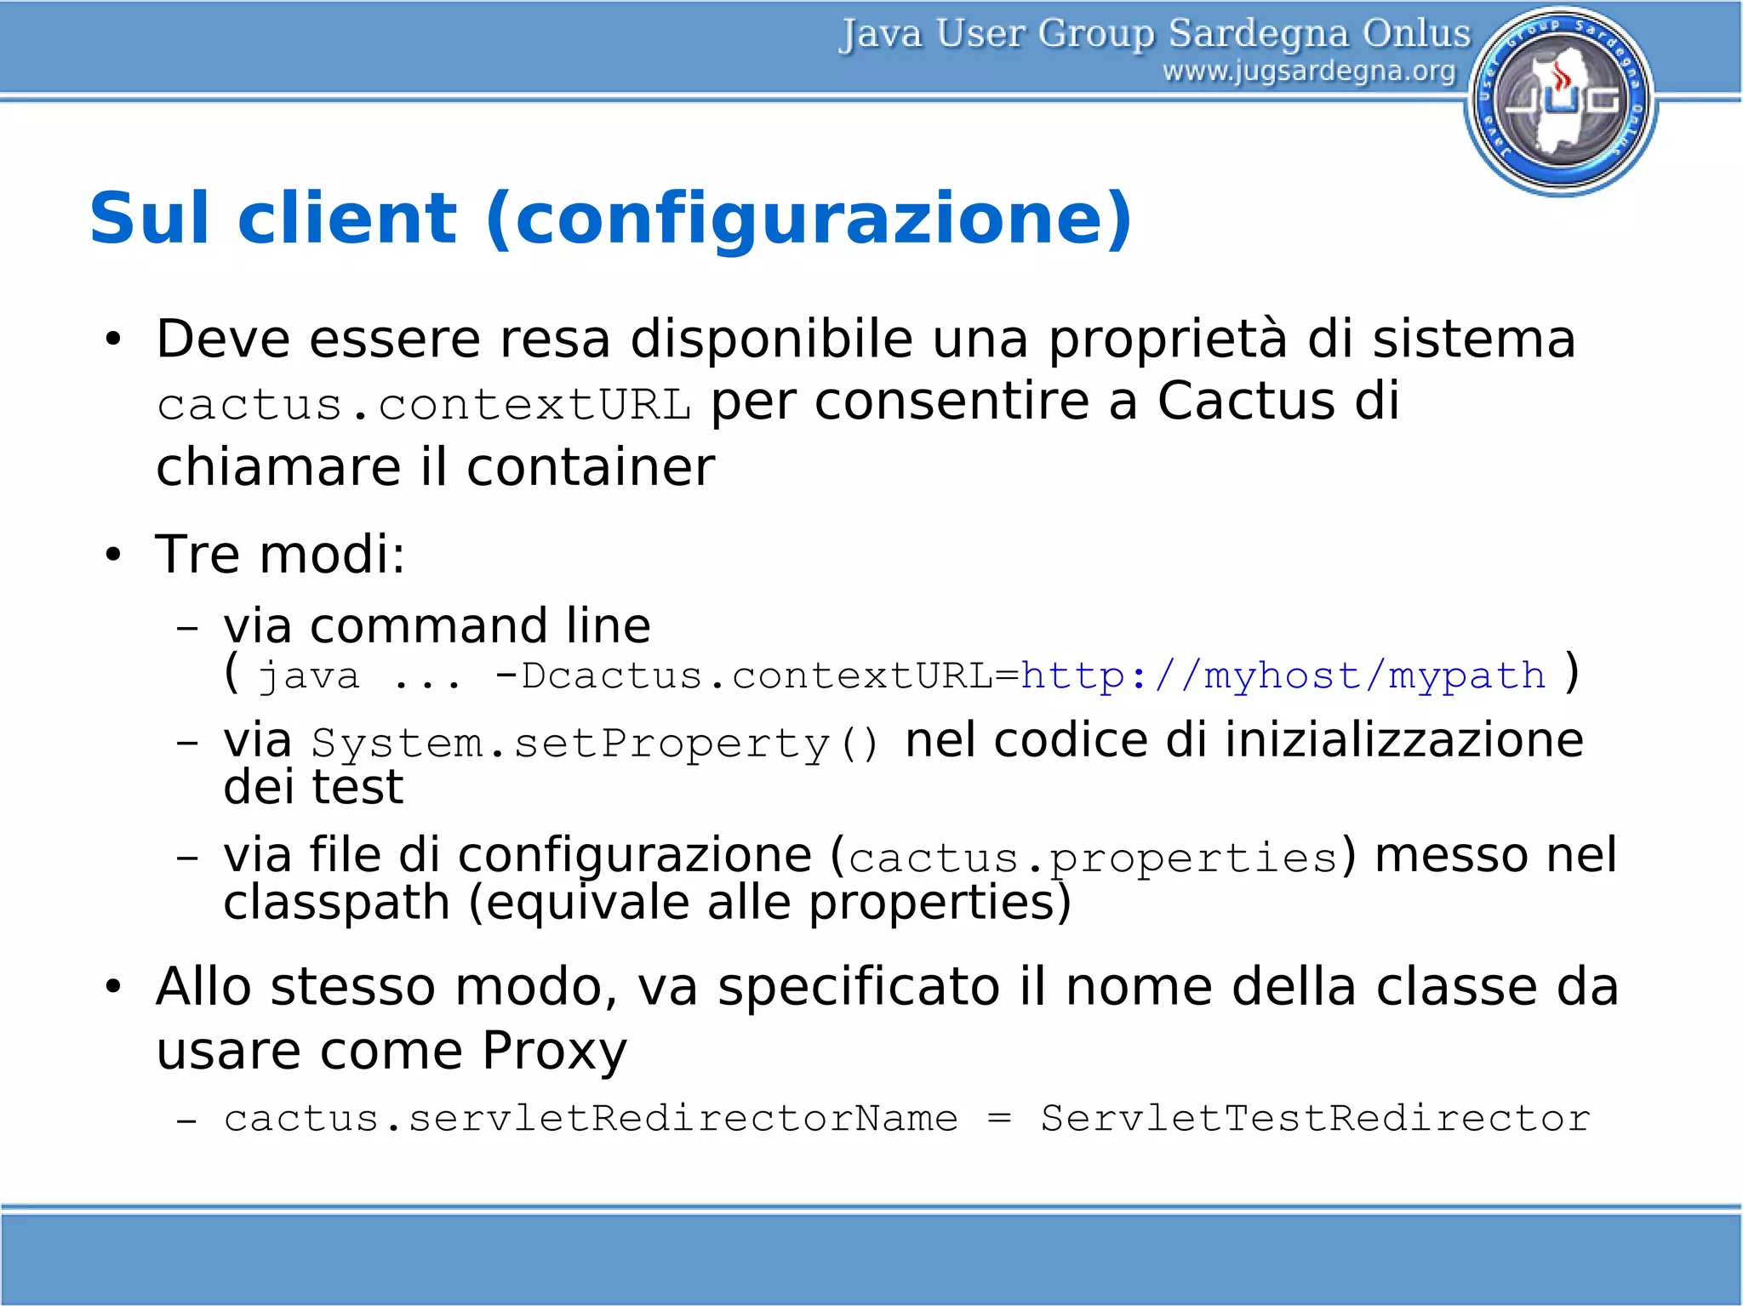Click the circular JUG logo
(x=1561, y=101)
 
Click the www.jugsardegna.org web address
(x=1309, y=71)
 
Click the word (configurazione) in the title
(x=809, y=220)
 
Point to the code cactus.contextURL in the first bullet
(x=424, y=404)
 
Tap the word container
(x=591, y=467)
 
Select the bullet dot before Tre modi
(x=113, y=556)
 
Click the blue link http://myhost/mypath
(x=1283, y=676)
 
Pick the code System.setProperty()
(x=595, y=744)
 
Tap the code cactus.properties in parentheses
(x=1094, y=858)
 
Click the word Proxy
(x=554, y=1051)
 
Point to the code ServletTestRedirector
(x=1315, y=1118)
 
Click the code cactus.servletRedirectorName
(x=591, y=1118)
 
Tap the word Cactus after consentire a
(x=1246, y=401)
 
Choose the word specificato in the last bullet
(x=859, y=987)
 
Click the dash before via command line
(x=186, y=629)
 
